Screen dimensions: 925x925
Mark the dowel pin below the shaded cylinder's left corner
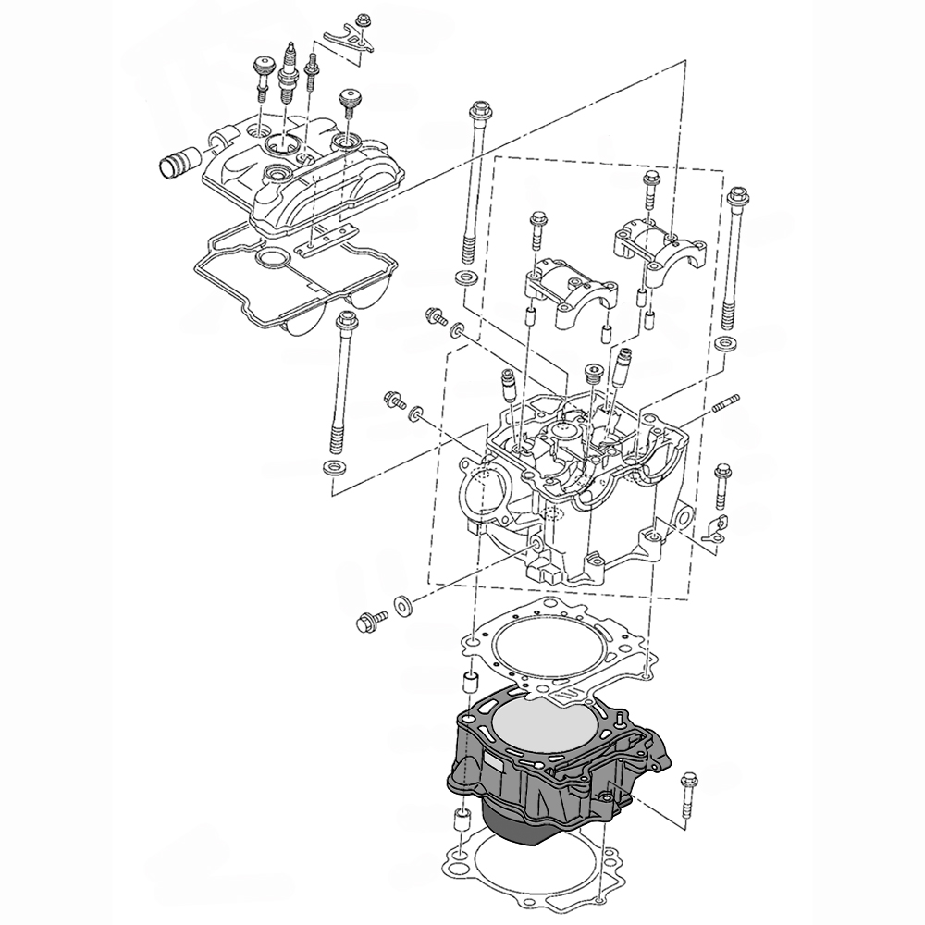coord(456,822)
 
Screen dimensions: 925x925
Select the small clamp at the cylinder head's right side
coord(713,529)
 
